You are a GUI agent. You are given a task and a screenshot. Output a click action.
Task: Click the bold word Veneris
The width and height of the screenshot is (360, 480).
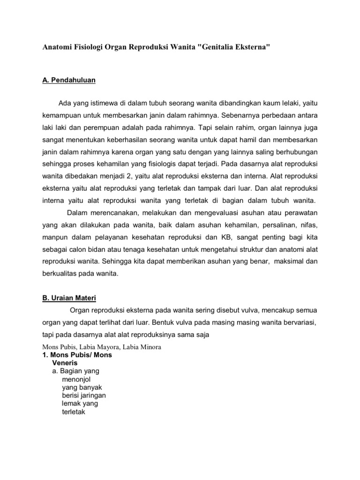pyautogui.click(x=65, y=363)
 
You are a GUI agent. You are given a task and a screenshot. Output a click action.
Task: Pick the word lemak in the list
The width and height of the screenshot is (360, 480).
pyautogui.click(x=70, y=404)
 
